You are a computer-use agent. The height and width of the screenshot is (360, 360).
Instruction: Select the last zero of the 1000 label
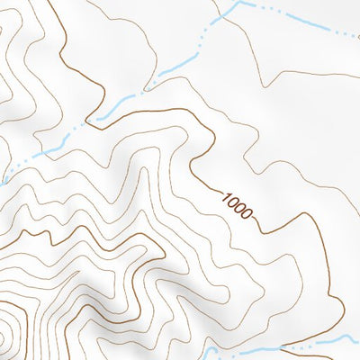pos(247,216)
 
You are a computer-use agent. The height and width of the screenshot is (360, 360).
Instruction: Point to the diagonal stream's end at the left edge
pos(3,179)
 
